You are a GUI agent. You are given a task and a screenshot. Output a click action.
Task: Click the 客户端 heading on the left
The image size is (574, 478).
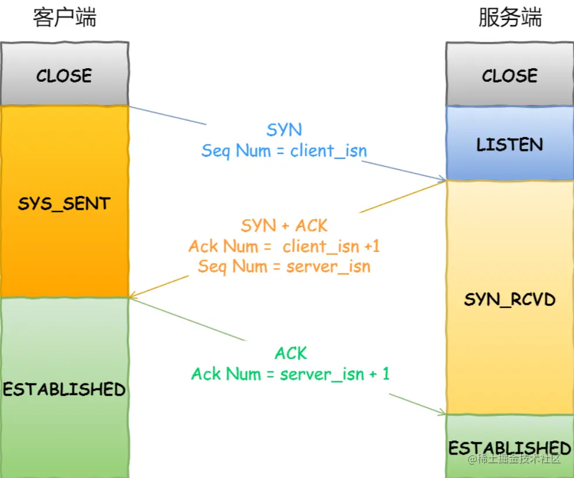tap(64, 17)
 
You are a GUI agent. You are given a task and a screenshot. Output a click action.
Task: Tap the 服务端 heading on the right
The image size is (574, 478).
tap(510, 17)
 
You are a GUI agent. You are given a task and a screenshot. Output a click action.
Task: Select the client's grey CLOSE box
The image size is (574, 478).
tap(64, 75)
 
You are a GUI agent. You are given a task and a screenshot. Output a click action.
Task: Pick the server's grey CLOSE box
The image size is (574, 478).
tap(509, 75)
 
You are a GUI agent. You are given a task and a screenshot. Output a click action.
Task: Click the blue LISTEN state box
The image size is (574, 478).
tap(509, 144)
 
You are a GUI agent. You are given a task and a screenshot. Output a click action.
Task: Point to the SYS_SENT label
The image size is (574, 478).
tap(64, 203)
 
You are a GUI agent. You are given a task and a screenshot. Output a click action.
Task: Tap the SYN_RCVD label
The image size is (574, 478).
tap(509, 300)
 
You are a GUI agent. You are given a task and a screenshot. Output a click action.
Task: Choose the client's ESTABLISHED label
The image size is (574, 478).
tap(64, 389)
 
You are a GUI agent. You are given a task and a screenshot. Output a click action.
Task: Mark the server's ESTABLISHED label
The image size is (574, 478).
tap(509, 448)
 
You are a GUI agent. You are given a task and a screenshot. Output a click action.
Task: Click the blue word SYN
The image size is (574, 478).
tap(284, 129)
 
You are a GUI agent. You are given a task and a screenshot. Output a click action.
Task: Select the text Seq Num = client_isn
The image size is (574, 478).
tap(284, 151)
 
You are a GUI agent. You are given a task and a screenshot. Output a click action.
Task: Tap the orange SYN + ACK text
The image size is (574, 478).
tap(284, 225)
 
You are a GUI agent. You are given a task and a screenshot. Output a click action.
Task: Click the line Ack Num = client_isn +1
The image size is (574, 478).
tap(284, 246)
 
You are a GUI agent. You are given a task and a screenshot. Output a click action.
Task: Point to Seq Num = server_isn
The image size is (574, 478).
tap(284, 266)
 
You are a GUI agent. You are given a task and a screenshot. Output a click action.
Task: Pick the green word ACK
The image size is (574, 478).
tap(290, 353)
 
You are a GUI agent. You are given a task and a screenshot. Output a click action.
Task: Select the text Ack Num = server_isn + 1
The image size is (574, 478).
tap(290, 374)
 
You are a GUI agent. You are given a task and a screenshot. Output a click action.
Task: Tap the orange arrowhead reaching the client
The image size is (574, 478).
tap(132, 296)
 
